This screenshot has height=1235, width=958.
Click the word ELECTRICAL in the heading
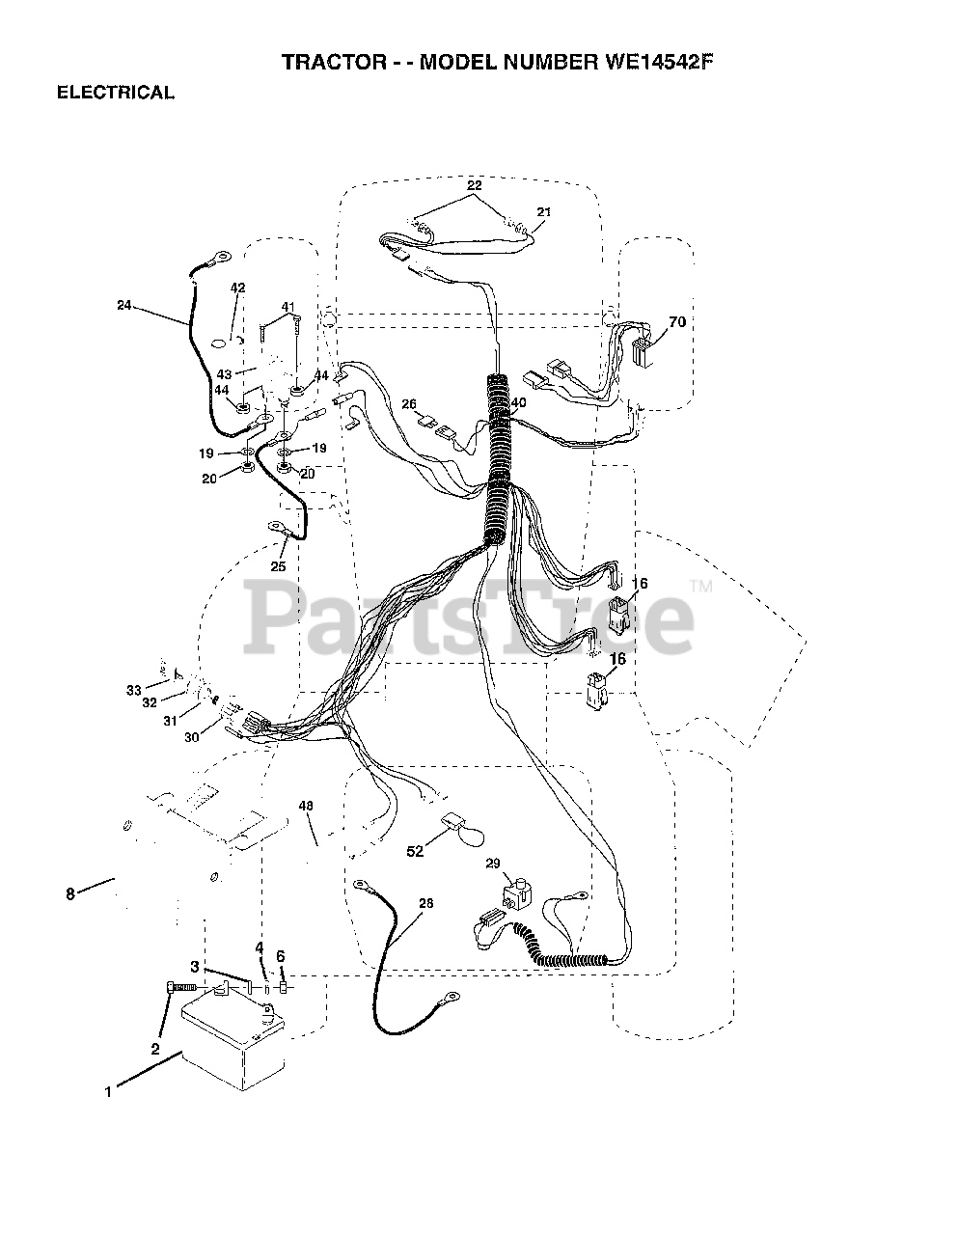pos(116,94)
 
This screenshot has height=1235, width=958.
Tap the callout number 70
pos(676,322)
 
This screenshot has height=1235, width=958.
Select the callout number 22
pos(474,184)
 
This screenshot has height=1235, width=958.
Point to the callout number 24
pos(123,305)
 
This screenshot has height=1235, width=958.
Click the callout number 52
pos(415,851)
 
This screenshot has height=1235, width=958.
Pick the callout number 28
pos(426,903)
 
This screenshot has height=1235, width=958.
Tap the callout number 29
pos(494,862)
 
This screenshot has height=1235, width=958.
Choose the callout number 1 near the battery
pos(109,1091)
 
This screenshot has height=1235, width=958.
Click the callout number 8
pos(69,894)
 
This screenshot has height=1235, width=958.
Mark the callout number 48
pos(307,806)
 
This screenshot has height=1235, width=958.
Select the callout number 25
pos(278,566)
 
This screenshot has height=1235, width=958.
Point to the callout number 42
pos(237,288)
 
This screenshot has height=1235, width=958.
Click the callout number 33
pos(133,689)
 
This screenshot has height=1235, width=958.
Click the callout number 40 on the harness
pos(519,402)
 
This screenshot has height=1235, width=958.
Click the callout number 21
pos(544,211)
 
